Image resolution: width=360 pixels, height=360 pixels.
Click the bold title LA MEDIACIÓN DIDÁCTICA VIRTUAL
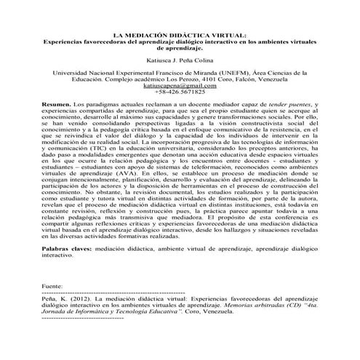pyautogui.click(x=180, y=35)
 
